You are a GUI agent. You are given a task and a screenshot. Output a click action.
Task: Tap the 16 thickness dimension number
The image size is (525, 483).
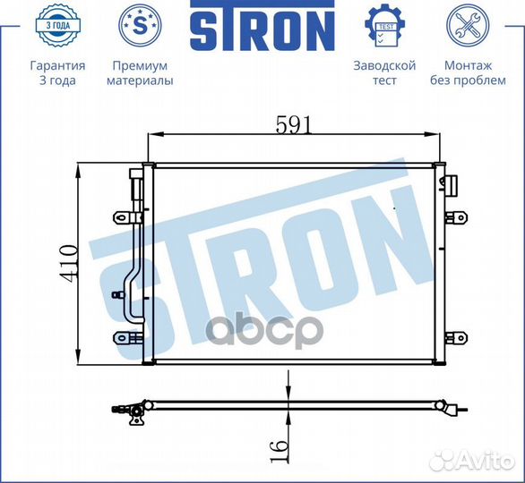coord(280,442)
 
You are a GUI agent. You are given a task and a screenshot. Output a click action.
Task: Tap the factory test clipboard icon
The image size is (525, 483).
coord(383,26)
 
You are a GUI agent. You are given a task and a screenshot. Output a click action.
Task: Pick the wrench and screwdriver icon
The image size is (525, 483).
coord(467,26)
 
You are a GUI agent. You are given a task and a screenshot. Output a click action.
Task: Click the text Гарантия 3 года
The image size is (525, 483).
coord(57,73)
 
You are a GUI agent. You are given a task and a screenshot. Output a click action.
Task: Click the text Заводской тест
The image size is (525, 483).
coord(383,73)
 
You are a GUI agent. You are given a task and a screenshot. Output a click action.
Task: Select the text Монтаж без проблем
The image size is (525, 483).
coord(467,73)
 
